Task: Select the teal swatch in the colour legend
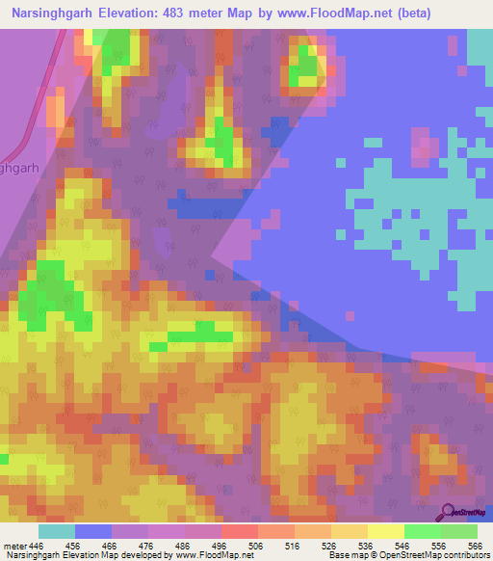(57, 531)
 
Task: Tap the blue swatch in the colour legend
(93, 531)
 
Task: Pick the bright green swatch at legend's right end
(458, 531)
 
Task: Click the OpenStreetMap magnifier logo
(448, 510)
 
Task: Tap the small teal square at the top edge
(453, 43)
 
